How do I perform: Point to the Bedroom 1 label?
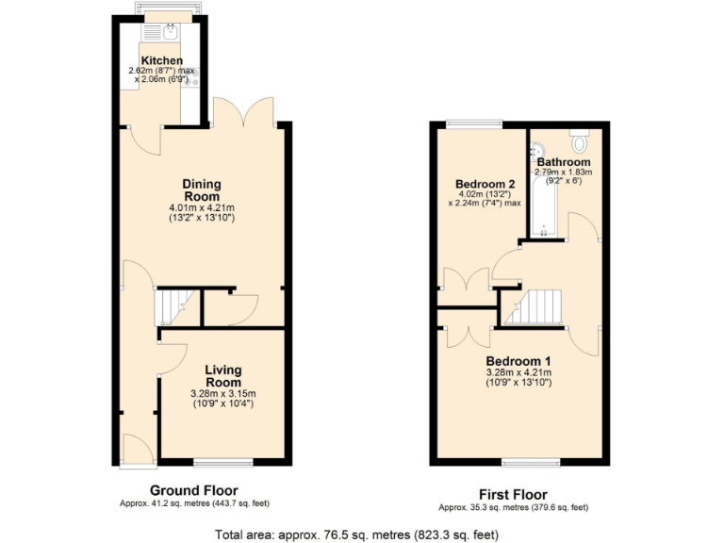518,361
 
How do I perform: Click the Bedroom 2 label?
485,184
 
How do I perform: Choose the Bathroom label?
564,162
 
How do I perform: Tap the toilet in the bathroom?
579,141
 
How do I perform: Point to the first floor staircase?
538,306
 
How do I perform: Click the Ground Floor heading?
194,490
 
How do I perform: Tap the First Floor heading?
513,495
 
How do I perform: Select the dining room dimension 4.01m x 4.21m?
201,207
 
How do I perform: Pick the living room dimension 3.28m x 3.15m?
223,394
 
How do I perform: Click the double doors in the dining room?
244,114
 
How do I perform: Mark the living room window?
223,461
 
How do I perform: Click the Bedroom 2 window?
474,123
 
